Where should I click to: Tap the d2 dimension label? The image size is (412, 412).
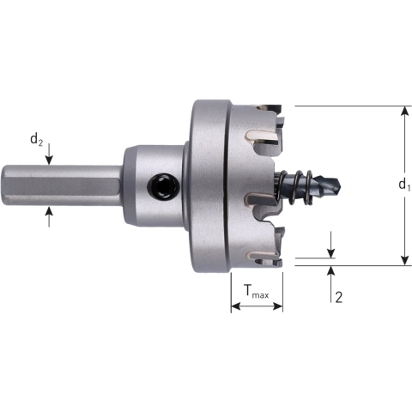[x=36, y=140]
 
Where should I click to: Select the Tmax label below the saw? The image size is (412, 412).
[x=256, y=294]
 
